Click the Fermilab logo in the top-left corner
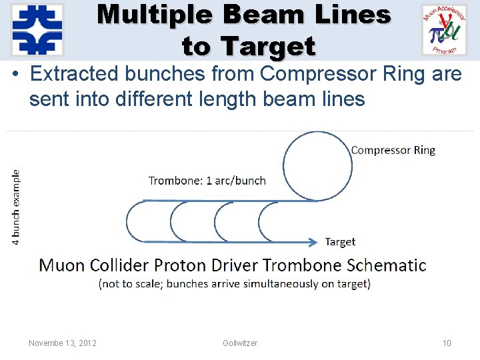[37, 30]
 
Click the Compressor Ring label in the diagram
[393, 150]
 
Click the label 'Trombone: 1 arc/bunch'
[207, 181]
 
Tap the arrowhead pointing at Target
[313, 241]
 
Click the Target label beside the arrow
[340, 242]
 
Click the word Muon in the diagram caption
[61, 265]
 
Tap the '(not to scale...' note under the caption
[234, 284]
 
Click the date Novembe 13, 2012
[63, 343]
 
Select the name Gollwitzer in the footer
[240, 343]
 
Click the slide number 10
[447, 343]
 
